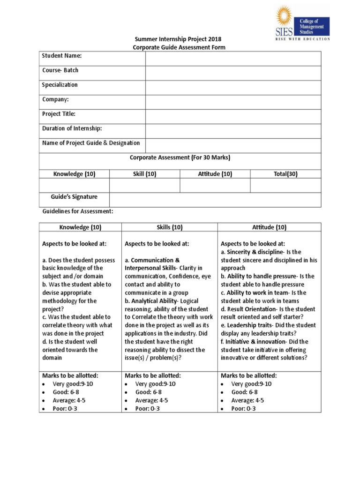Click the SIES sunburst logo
point(284,17)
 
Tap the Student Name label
point(62,56)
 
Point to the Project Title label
point(59,114)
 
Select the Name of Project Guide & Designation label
point(91,143)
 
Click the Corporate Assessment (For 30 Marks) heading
point(180,157)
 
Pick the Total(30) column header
point(285,174)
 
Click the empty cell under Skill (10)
point(144,186)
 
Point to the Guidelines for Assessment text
point(77,211)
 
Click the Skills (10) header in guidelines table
point(169,227)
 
